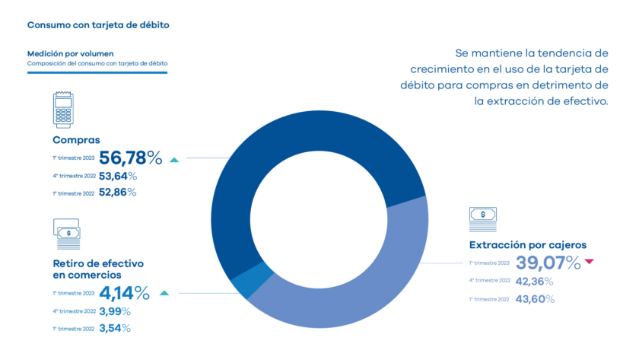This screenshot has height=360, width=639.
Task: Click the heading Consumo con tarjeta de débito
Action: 98,24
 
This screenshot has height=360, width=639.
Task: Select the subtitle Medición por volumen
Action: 71,54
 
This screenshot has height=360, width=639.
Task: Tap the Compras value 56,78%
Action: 131,158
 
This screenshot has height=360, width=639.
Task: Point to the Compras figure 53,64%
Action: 118,177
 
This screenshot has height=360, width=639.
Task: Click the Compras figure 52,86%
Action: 118,193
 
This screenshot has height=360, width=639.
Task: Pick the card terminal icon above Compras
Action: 63,112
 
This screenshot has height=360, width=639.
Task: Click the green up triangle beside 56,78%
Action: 174,160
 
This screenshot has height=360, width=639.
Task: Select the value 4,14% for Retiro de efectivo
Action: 124,292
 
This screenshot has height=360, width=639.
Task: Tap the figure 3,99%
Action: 115,311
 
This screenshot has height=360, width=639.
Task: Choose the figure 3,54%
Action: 115,328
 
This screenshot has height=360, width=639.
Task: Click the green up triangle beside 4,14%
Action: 164,292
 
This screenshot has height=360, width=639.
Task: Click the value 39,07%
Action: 548,263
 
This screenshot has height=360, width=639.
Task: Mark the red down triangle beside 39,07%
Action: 589,263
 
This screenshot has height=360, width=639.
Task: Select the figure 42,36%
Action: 535,282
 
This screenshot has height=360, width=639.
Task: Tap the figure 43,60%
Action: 535,299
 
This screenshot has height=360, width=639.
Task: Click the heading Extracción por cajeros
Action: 527,245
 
